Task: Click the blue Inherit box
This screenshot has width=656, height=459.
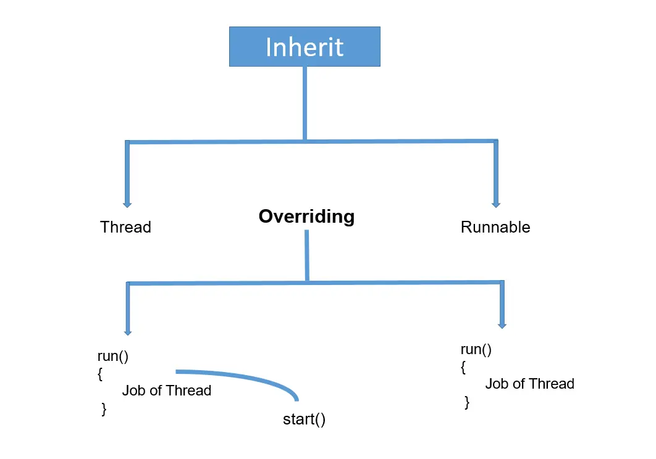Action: pyautogui.click(x=305, y=46)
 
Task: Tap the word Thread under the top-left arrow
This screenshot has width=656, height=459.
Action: pyautogui.click(x=125, y=227)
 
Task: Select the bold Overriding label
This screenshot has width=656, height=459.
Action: pyautogui.click(x=306, y=217)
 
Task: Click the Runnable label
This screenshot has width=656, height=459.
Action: pyautogui.click(x=495, y=227)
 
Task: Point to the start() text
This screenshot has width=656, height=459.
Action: pyautogui.click(x=304, y=420)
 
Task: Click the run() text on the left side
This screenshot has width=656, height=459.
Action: pyautogui.click(x=113, y=356)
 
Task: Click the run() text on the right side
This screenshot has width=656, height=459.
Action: pyautogui.click(x=476, y=349)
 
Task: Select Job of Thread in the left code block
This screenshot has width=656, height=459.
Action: pyautogui.click(x=166, y=391)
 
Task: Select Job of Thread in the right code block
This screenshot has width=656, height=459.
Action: pyautogui.click(x=529, y=384)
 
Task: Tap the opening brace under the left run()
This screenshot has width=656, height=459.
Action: pyautogui.click(x=100, y=374)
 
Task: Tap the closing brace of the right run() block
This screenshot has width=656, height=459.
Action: pyautogui.click(x=467, y=402)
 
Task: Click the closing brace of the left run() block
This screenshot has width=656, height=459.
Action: pyautogui.click(x=104, y=409)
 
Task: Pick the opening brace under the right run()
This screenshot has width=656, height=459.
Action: pyautogui.click(x=463, y=367)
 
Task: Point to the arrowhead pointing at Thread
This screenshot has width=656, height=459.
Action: pyautogui.click(x=127, y=204)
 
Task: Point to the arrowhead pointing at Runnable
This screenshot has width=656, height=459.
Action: pyautogui.click(x=495, y=204)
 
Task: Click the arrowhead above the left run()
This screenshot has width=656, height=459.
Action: pyautogui.click(x=128, y=332)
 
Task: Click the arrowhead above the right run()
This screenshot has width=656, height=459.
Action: pyautogui.click(x=502, y=325)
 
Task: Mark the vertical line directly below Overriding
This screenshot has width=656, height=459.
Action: pyautogui.click(x=306, y=256)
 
